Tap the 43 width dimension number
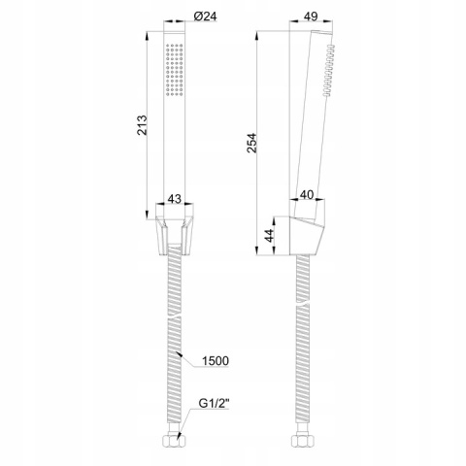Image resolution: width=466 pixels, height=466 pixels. coord(175,198)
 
